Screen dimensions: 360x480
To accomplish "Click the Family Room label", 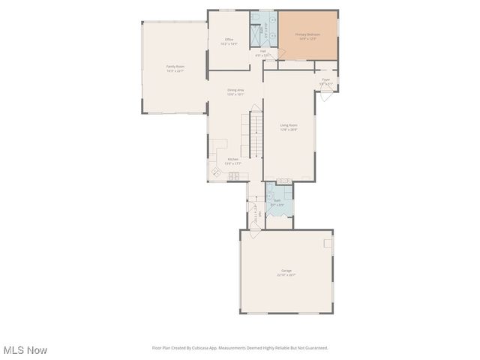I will pyautogui.click(x=175, y=67).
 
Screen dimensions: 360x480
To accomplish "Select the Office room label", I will pyautogui.click(x=229, y=40).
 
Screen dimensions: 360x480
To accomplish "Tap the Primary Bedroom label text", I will pyautogui.click(x=307, y=34).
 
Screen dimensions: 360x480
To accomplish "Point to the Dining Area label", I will pyautogui.click(x=235, y=91).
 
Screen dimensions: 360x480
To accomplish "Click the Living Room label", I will pyautogui.click(x=289, y=125).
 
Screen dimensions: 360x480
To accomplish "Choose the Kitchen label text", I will pyautogui.click(x=233, y=160).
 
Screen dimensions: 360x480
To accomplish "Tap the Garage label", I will pyautogui.click(x=286, y=270).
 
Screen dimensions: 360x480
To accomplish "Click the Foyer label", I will pyautogui.click(x=326, y=79).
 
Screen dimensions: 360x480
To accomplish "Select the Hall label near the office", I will pyautogui.click(x=263, y=52).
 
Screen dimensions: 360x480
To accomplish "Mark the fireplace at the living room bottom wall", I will pyautogui.click(x=283, y=181).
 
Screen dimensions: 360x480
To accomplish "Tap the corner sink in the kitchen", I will pyautogui.click(x=216, y=172).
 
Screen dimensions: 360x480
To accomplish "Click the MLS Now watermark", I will pyautogui.click(x=25, y=350).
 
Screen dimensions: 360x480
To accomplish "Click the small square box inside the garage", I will pyautogui.click(x=328, y=243).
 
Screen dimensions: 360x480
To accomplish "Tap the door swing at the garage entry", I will pyautogui.click(x=255, y=233).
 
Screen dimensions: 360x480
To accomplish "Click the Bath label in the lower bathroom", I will pyautogui.click(x=277, y=200).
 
